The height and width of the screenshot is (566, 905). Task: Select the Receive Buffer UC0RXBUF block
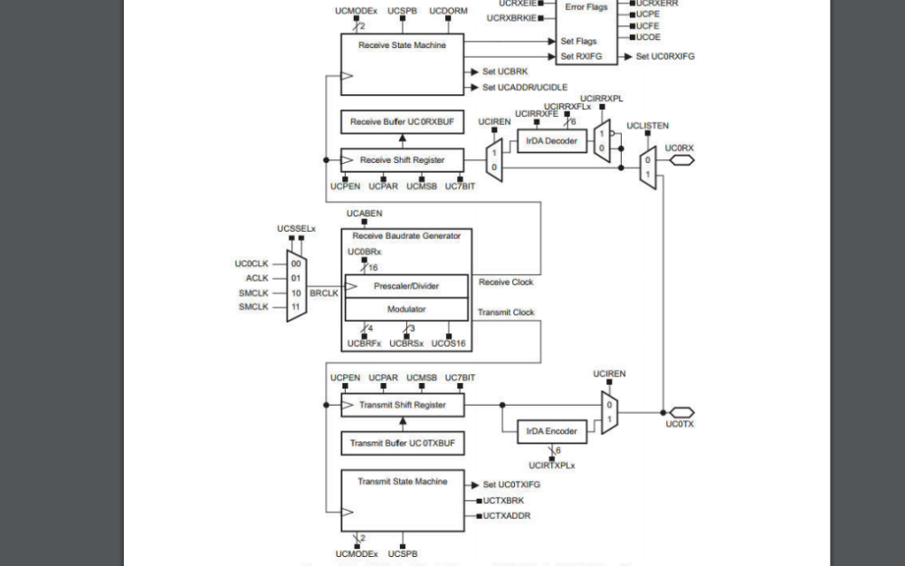[402, 121]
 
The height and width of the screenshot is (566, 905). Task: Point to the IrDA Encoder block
[552, 431]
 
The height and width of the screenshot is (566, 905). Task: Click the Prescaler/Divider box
[406, 286]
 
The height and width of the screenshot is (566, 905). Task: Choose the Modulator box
[406, 309]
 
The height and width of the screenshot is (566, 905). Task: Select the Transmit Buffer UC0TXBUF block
[402, 443]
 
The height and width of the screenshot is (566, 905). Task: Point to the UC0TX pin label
[680, 424]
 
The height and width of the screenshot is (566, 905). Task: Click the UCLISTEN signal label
[646, 126]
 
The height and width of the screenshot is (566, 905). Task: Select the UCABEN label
[365, 213]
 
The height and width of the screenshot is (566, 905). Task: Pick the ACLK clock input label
[257, 278]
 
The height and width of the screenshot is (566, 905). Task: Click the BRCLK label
[324, 294]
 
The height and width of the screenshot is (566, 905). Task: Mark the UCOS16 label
[449, 343]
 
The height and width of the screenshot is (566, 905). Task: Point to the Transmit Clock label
[506, 312]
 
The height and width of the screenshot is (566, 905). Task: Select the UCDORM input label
[447, 11]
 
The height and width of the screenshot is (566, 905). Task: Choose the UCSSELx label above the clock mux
[296, 228]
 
